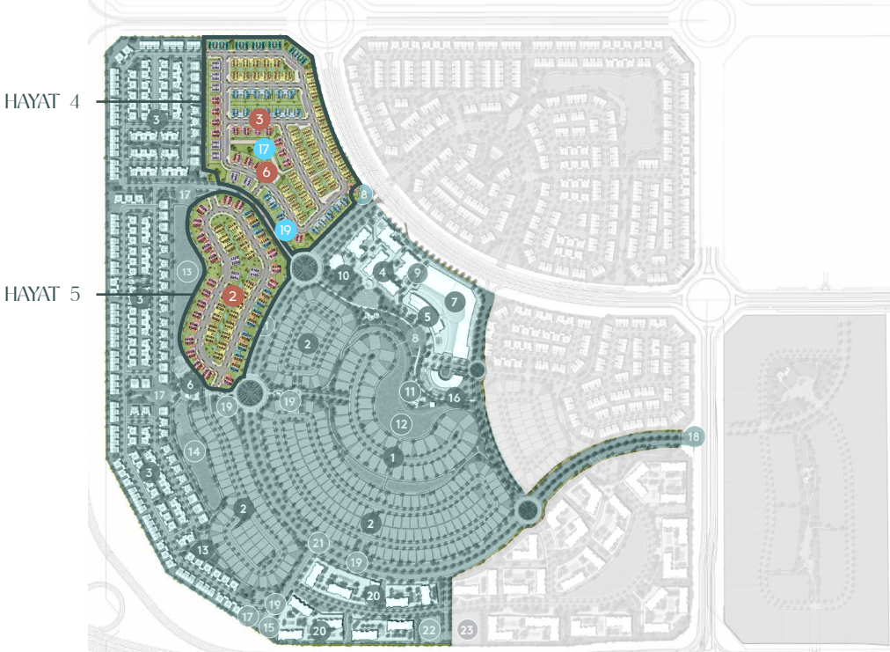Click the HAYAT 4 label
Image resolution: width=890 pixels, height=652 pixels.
[42, 101]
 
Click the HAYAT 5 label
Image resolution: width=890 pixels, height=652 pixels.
[42, 294]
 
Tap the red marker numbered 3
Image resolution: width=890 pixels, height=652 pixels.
[259, 118]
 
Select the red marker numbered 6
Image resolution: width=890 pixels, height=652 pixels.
[267, 172]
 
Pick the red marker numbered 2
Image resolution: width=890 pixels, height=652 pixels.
[232, 296]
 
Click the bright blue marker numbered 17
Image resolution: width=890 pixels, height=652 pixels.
[264, 150]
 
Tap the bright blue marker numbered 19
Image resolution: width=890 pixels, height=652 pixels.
[285, 231]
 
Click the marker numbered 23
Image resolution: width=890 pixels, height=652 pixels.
[467, 630]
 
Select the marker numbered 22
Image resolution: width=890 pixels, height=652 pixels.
[429, 629]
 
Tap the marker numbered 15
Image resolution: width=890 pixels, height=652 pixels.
[269, 626]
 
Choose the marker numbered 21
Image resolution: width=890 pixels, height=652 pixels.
[318, 542]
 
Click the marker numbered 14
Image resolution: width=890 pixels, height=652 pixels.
[194, 451]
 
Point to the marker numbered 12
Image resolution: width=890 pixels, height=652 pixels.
[401, 424]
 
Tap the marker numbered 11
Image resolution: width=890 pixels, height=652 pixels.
[410, 391]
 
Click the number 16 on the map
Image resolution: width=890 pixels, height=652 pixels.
[454, 398]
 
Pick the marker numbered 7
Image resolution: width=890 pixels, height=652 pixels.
[454, 302]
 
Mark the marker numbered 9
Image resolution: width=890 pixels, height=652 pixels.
[417, 272]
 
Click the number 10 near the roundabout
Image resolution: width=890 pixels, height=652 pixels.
[344, 276]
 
